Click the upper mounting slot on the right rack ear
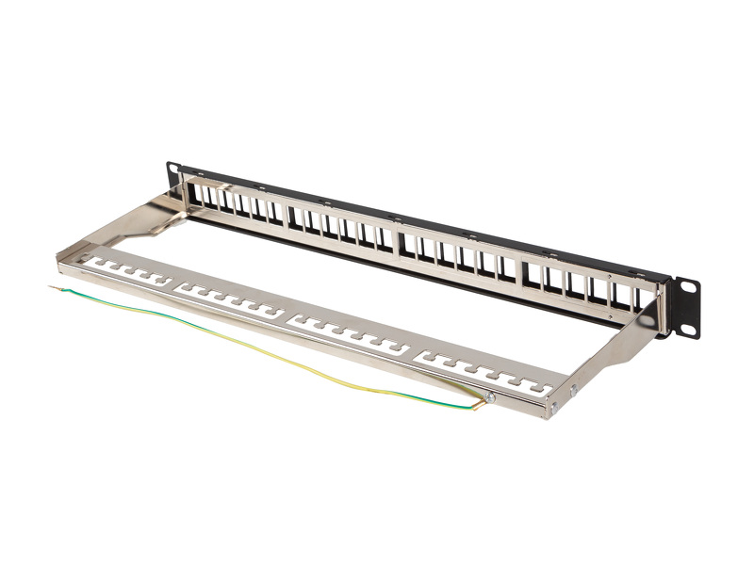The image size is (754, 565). [x=686, y=285]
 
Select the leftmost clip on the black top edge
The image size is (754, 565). [x=246, y=181]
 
